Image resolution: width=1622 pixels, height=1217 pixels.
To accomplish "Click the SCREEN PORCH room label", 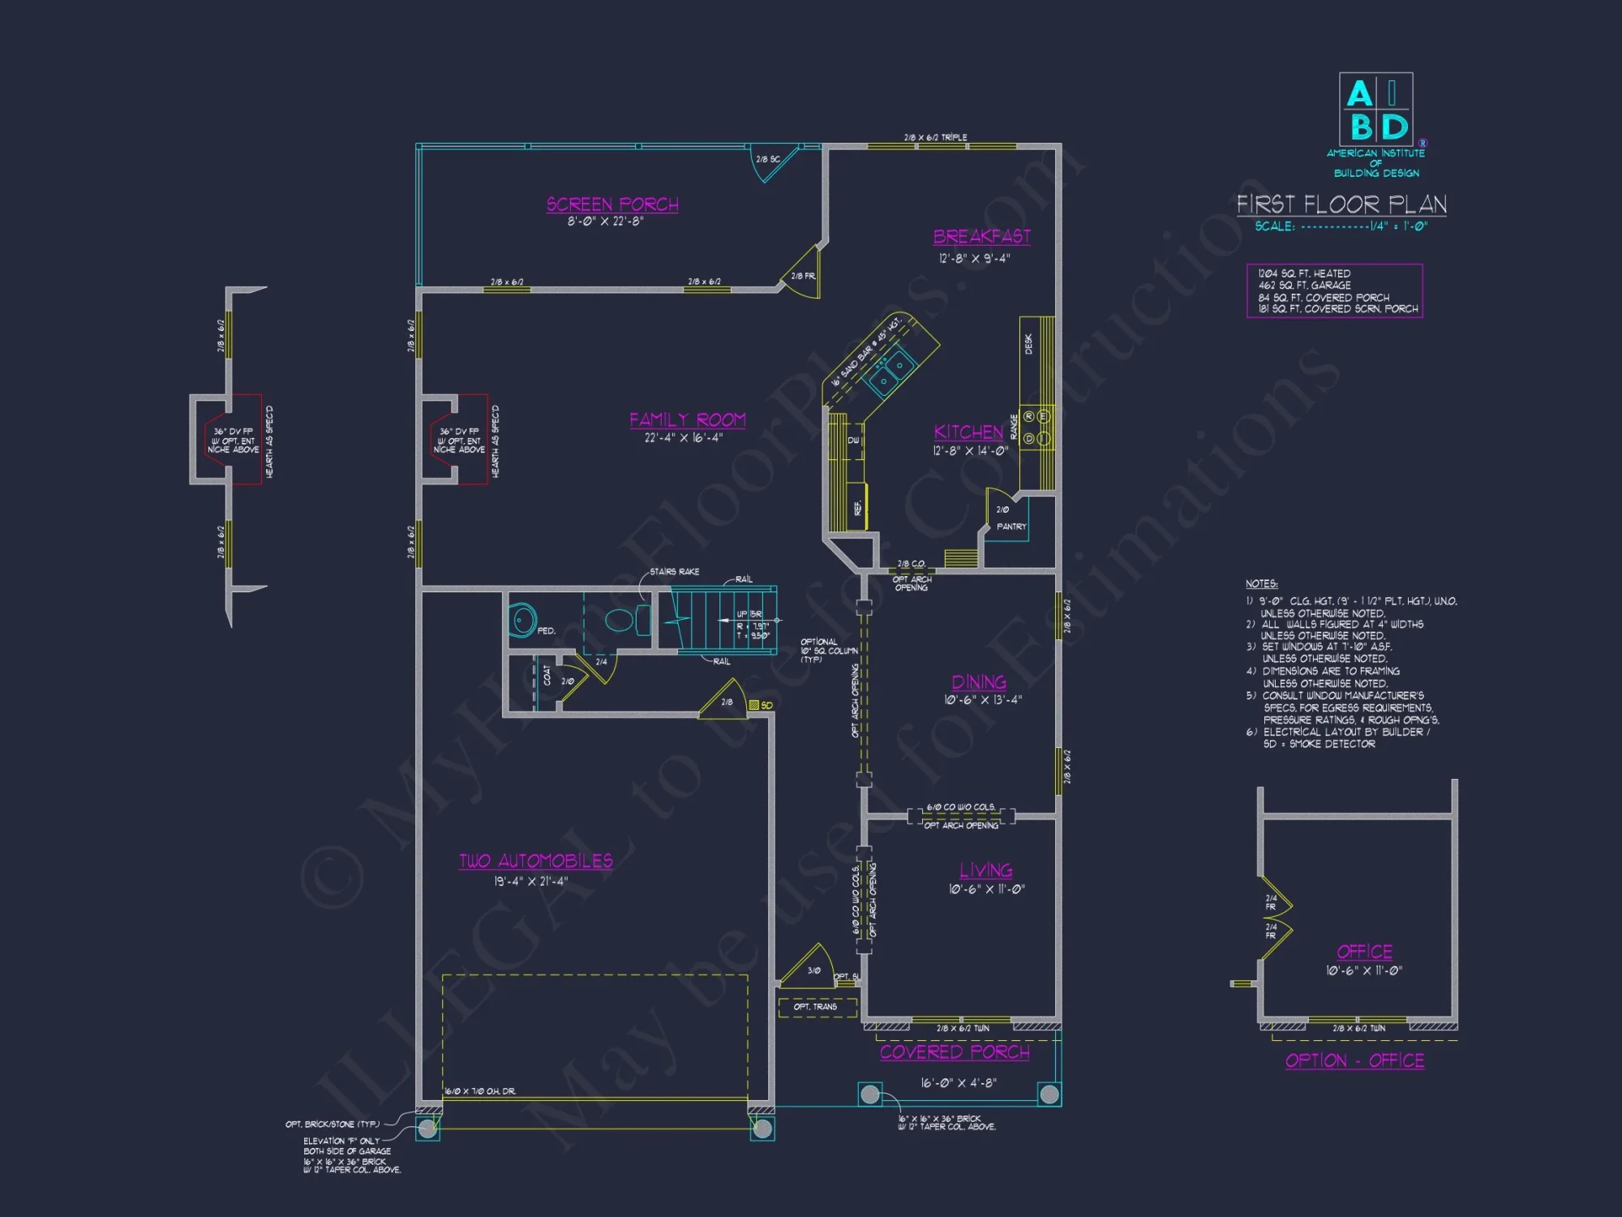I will pos(612,204).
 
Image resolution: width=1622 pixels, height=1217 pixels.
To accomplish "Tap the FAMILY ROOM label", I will pos(687,419).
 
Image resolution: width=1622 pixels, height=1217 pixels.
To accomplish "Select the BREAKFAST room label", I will pos(981,236).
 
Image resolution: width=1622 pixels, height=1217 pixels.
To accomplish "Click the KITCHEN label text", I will pos(968,432).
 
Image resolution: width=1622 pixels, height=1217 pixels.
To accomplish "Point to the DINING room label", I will pos(979,682).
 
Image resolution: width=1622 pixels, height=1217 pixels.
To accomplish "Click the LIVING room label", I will pos(985,871).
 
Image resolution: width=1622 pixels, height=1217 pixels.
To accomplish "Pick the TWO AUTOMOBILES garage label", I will pos(536,861).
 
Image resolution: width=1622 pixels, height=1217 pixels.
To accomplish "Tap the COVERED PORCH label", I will pos(955,1052).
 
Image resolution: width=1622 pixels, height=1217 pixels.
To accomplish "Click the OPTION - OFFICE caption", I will pos(1354,1060).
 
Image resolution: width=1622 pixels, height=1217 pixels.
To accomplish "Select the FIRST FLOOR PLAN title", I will pos(1341,204).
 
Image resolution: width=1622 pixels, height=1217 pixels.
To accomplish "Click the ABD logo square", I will pos(1375,110).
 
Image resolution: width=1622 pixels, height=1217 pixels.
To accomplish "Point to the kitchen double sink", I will pos(890,372).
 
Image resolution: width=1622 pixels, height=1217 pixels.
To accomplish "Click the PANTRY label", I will pos(1011,527).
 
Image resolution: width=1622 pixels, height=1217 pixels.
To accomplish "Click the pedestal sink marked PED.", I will pos(523,621).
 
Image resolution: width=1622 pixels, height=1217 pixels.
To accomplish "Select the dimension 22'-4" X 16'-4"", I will pos(683,438).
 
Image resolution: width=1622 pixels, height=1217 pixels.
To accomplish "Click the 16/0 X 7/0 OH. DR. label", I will pos(479,1091).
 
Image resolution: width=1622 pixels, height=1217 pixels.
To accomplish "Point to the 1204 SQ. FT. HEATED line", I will pos(1304,273).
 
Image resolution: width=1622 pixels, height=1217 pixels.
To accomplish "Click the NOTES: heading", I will pos(1261,584).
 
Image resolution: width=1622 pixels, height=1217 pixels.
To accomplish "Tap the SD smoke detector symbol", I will pos(754,705).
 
